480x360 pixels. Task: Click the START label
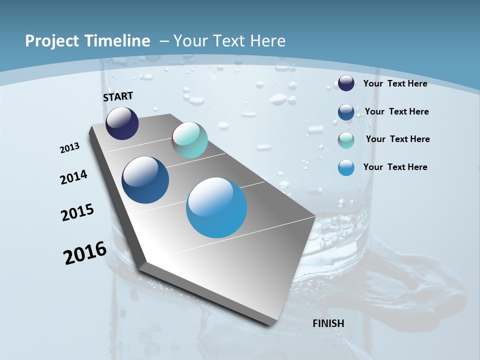(118, 96)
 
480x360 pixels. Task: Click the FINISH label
(328, 323)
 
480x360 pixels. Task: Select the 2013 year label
(70, 148)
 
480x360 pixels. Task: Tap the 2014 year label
(74, 177)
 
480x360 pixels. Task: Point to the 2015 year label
(77, 212)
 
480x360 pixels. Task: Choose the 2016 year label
(85, 253)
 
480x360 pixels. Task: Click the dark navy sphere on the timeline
(122, 123)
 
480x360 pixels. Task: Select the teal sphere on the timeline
(189, 140)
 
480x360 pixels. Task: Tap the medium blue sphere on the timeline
(145, 180)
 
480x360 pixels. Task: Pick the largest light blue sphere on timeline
(216, 207)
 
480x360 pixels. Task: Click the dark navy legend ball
(346, 83)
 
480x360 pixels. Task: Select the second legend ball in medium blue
(346, 112)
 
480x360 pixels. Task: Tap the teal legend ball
(346, 140)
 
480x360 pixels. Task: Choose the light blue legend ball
(346, 167)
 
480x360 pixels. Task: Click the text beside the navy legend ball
(395, 83)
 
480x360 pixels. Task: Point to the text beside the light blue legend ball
(395, 167)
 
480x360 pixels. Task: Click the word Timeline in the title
(114, 41)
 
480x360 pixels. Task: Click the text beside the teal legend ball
(397, 139)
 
